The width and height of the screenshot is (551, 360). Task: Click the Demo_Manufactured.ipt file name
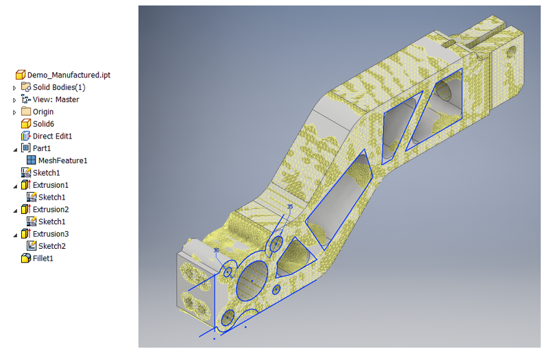click(x=69, y=75)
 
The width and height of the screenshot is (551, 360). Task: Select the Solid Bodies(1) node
click(x=59, y=87)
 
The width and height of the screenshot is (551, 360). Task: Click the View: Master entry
click(x=56, y=99)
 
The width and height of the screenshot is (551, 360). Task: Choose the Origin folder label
click(x=42, y=112)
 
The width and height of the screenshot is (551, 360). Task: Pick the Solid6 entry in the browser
click(x=42, y=123)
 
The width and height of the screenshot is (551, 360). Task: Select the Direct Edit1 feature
click(x=52, y=136)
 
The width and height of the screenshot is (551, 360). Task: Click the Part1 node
click(x=42, y=148)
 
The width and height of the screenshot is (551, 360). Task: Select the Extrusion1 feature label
click(x=51, y=185)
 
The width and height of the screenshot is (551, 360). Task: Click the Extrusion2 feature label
click(x=51, y=210)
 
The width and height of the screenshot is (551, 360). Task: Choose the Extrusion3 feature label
click(x=51, y=234)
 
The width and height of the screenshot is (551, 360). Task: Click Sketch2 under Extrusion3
click(x=52, y=246)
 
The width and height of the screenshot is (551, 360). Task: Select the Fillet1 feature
click(x=42, y=259)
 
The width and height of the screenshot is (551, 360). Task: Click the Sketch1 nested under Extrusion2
click(x=52, y=221)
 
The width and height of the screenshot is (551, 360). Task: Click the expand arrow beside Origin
click(x=14, y=112)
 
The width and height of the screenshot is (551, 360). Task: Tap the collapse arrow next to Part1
click(x=14, y=148)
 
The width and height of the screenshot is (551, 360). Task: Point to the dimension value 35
click(x=290, y=206)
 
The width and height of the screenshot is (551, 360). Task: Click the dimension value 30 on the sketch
click(x=217, y=250)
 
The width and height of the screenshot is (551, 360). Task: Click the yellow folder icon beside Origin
click(x=26, y=112)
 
